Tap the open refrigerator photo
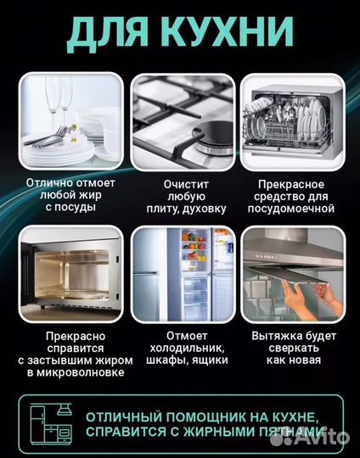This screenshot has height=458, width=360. tap(182, 268)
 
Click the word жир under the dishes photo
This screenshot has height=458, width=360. tap(94, 193)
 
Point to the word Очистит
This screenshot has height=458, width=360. tap(181, 182)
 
